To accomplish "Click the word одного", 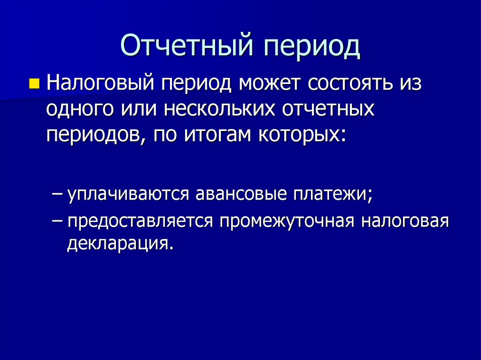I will point(79,109).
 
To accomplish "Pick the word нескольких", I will point(215,109).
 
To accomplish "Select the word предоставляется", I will point(139,221).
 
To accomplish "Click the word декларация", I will point(117,244).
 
